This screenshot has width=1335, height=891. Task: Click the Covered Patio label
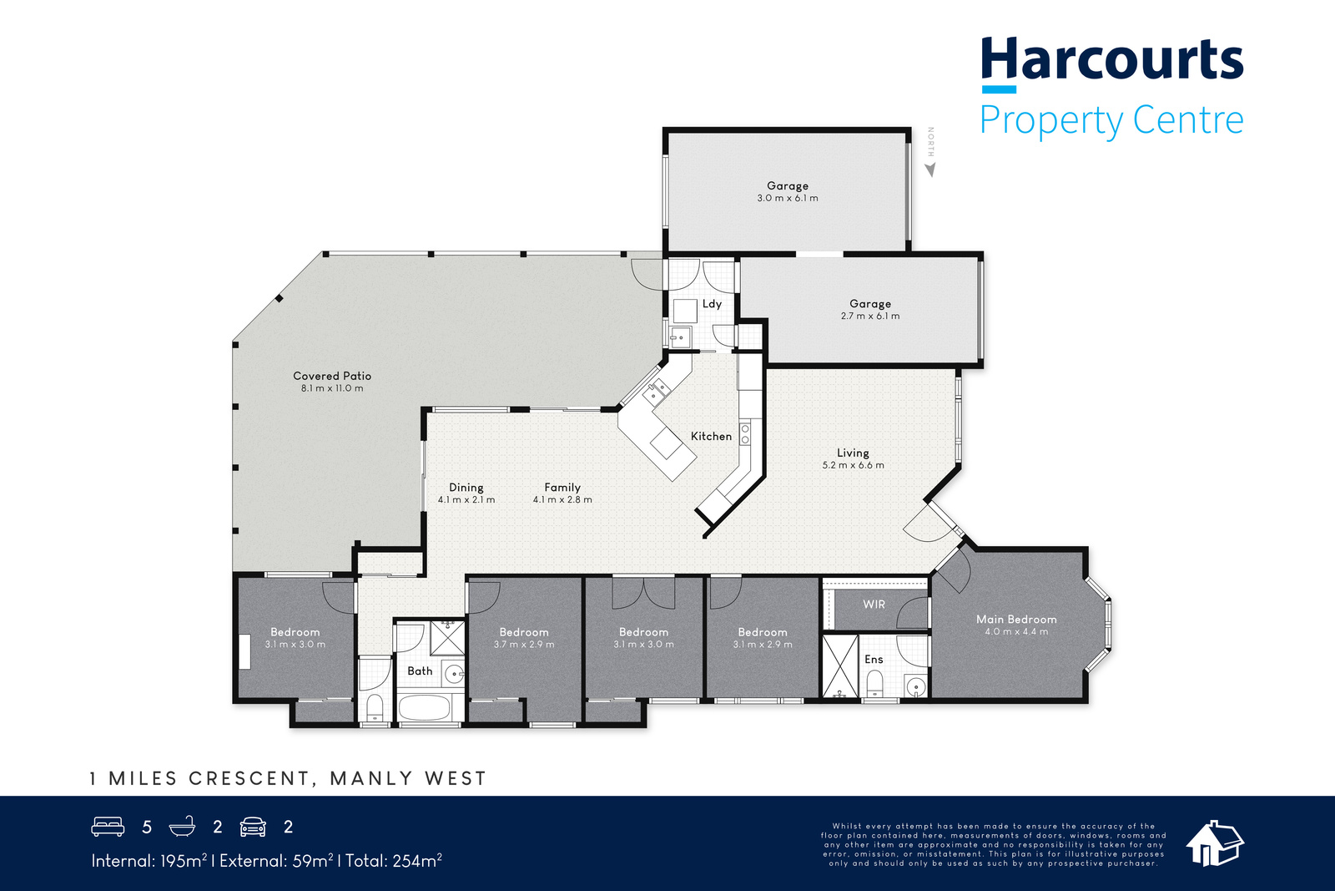tap(332, 376)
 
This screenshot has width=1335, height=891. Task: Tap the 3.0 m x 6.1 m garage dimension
tap(788, 198)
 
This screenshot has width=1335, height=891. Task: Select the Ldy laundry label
tap(712, 304)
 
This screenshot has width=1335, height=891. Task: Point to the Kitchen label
tap(711, 436)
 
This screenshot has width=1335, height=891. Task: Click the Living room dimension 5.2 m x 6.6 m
tap(853, 465)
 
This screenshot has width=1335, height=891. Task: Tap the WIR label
tap(874, 604)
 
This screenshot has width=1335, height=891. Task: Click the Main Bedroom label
tap(1016, 619)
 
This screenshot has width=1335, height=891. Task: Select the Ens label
tap(874, 659)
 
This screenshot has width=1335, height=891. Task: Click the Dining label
tap(466, 487)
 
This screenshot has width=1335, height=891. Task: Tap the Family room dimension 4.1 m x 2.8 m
tap(562, 499)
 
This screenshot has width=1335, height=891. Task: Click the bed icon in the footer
tap(108, 827)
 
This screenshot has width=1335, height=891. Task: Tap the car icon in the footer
tap(253, 827)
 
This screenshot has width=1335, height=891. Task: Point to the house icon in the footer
tap(1215, 843)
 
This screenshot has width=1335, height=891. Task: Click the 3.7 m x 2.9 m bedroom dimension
tap(524, 645)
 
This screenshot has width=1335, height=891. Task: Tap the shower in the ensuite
tap(840, 666)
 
